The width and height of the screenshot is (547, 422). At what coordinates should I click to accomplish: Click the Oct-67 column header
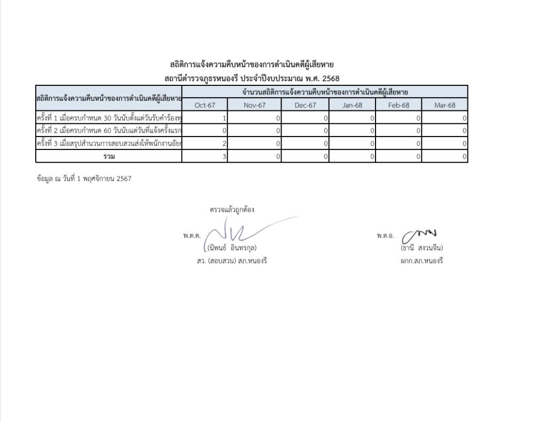205,105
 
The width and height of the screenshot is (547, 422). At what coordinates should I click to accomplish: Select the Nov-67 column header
254,105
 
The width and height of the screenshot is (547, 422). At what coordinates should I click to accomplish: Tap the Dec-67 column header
305,105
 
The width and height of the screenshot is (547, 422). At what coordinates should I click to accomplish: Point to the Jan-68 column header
352,105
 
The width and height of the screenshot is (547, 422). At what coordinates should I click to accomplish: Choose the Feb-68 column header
398,105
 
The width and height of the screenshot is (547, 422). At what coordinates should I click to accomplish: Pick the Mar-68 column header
444,105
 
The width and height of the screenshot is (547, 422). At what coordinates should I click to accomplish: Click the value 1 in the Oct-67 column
224,118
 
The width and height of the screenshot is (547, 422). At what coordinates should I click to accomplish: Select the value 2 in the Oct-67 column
224,144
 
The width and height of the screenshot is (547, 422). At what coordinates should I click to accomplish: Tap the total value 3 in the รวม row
224,156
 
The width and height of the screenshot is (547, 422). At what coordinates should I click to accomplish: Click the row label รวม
109,156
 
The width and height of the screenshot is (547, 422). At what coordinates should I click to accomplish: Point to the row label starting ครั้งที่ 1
109,118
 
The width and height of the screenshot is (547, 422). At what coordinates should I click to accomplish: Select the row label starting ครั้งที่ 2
109,131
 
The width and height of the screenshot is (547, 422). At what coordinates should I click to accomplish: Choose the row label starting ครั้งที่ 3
109,144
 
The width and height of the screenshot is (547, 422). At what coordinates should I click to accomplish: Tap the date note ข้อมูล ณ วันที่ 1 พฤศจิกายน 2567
84,179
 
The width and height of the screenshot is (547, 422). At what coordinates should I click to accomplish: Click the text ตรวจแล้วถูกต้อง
232,210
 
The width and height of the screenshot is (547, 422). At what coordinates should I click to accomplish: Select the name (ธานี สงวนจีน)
422,248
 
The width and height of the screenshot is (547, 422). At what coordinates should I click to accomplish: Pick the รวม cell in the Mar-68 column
465,156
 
